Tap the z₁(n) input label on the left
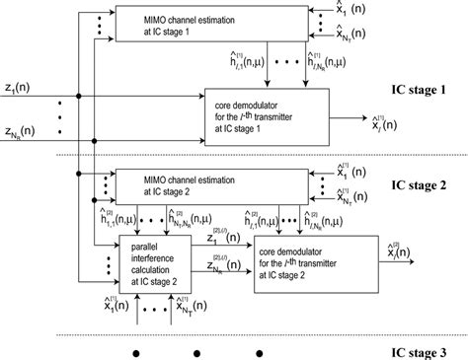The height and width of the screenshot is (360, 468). [x=23, y=90]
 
